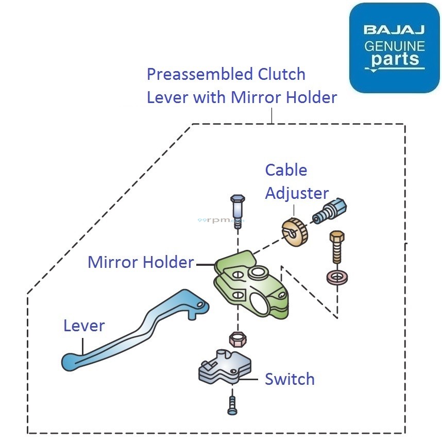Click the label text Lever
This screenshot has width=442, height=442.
[84, 326]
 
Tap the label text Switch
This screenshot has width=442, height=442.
[290, 380]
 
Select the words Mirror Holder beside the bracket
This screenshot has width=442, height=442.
[140, 262]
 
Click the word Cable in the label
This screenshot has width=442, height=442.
[286, 170]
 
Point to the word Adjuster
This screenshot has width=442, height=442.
[297, 193]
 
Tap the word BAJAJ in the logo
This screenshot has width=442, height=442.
[395, 30]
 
